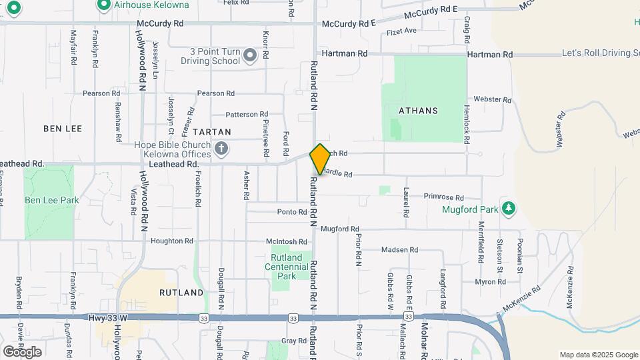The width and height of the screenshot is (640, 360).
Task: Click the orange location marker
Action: (320, 159)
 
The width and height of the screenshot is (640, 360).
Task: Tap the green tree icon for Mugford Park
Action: (509, 209)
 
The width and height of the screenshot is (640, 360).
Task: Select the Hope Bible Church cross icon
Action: (222, 147)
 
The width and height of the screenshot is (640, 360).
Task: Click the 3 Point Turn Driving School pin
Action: (250, 55)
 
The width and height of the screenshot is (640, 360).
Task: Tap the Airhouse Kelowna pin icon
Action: (103, 5)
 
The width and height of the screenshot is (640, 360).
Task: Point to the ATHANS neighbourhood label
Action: (418, 111)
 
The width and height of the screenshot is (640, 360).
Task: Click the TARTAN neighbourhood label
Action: (212, 132)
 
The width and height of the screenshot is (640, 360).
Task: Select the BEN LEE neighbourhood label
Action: (62, 127)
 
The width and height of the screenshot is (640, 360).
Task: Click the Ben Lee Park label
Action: (52, 200)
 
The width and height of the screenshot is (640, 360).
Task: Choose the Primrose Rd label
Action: (443, 197)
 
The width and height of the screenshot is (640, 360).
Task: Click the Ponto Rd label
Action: (292, 212)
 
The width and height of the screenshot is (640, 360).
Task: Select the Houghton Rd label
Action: (171, 241)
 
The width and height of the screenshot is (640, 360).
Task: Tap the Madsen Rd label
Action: (399, 250)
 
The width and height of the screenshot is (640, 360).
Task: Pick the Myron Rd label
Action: (490, 282)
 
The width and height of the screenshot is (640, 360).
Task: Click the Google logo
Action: (22, 351)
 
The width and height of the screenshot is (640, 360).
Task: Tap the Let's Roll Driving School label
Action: (600, 53)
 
